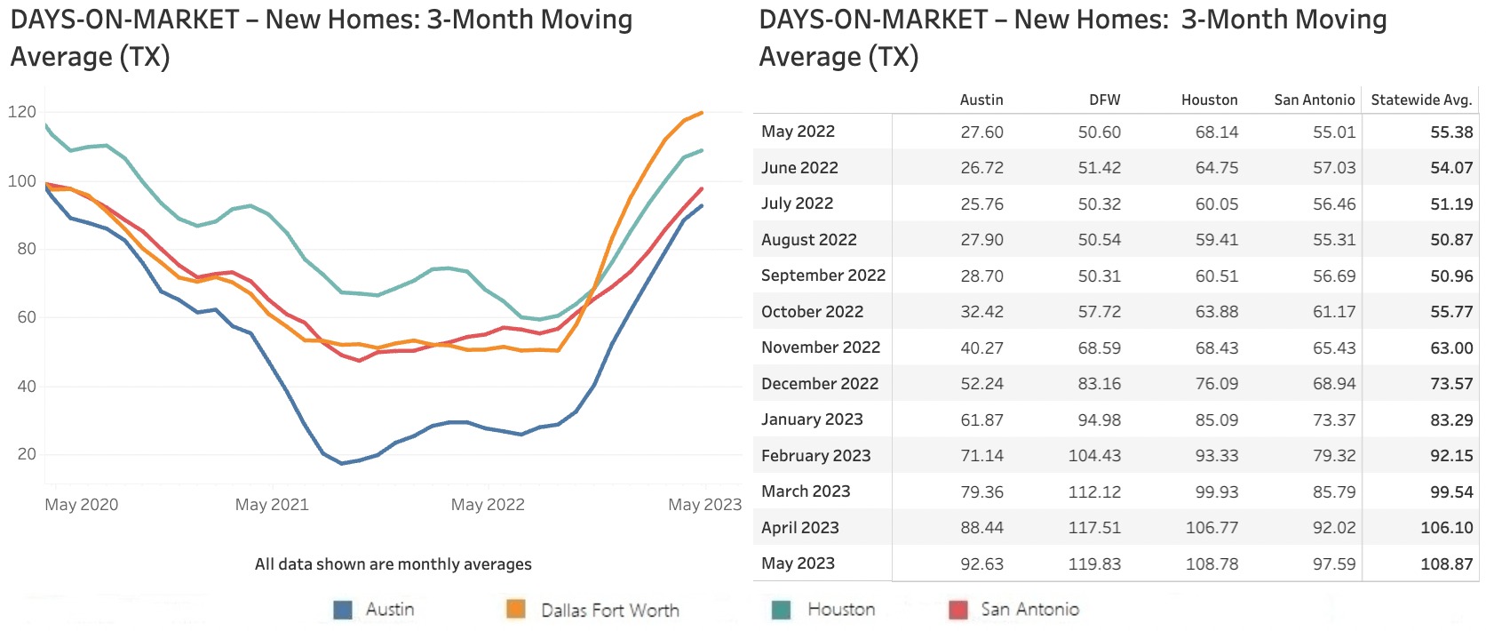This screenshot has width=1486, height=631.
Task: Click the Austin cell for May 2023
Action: point(981,563)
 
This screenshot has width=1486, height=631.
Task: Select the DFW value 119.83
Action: point(1094,563)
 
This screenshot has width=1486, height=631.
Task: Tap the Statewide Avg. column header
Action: point(1420,100)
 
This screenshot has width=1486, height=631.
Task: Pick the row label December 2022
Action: point(819,383)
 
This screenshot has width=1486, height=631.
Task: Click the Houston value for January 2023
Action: point(1216,419)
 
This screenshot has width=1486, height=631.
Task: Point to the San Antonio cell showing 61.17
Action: point(1334,311)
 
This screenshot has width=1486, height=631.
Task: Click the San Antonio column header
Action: point(1314,100)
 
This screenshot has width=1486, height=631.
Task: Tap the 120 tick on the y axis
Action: point(22,112)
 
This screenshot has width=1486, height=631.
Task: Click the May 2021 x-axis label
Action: point(272,505)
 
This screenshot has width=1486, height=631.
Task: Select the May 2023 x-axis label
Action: point(704,505)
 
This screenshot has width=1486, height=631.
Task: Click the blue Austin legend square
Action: point(343,610)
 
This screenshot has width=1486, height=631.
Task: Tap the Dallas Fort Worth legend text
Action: point(609,610)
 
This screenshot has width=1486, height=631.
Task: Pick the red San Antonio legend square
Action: point(958,610)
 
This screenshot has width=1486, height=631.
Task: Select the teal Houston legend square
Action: point(782,610)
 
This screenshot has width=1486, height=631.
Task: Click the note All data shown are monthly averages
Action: point(393,564)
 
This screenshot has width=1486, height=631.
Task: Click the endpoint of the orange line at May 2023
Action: point(703,113)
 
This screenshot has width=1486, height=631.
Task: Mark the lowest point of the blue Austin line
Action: point(341,463)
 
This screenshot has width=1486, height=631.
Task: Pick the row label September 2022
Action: point(822,276)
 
